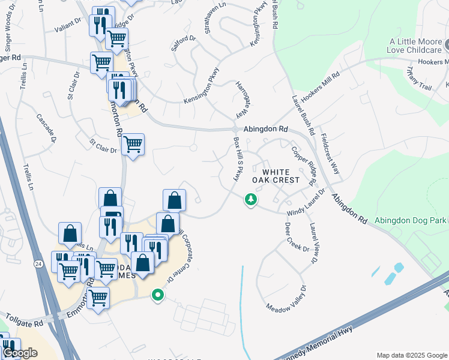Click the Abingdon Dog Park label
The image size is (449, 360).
411,220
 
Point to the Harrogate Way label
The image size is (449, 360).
242,98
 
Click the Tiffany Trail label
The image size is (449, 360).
418,79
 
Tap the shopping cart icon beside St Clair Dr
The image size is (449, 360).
133,145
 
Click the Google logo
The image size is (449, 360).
20,353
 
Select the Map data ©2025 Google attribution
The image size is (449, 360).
411,355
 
